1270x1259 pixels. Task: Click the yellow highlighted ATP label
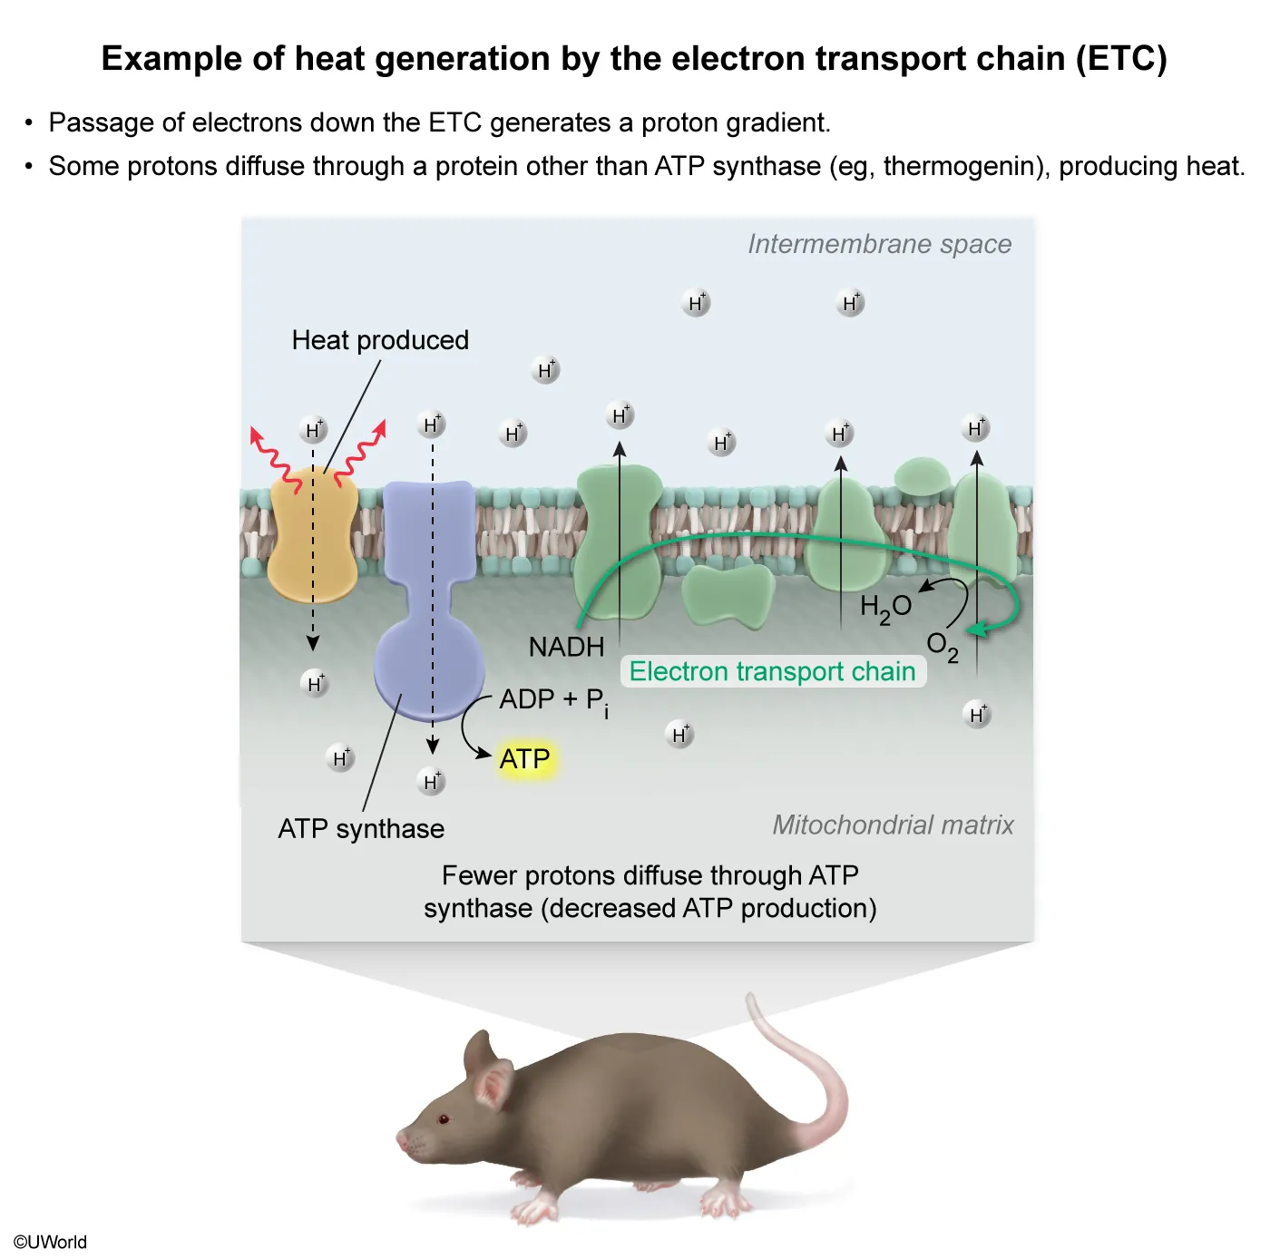point(524,758)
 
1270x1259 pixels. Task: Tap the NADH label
point(566,647)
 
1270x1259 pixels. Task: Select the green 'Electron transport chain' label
point(772,671)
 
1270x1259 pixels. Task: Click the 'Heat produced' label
point(380,340)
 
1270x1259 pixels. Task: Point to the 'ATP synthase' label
point(361,828)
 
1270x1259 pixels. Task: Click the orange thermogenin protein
point(313,535)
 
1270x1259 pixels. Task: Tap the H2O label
point(885,608)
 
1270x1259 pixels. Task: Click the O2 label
point(942,646)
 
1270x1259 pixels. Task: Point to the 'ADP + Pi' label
point(553,700)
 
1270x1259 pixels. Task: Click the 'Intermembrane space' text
point(879,244)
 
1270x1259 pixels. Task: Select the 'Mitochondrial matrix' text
point(893,825)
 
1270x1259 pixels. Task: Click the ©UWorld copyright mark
point(50,1242)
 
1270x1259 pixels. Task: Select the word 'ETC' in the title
point(1121,59)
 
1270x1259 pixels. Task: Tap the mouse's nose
point(400,1139)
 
